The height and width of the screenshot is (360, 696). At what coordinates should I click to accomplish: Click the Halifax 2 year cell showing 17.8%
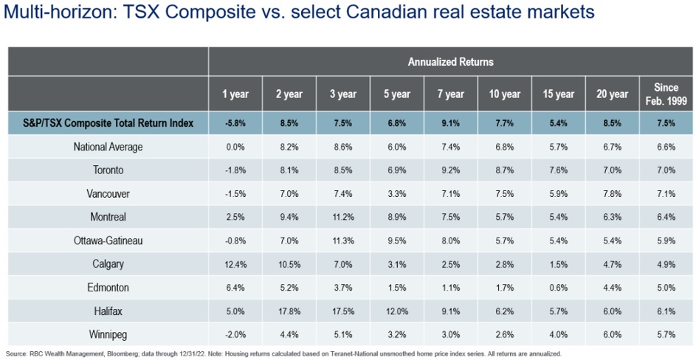click(x=289, y=311)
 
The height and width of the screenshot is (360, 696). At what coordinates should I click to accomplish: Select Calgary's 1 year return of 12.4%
click(x=235, y=264)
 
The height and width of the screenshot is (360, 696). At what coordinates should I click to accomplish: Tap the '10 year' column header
click(x=504, y=94)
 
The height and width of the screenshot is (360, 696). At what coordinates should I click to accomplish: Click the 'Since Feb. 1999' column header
click(x=666, y=94)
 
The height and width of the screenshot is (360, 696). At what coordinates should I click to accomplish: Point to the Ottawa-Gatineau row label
click(x=108, y=240)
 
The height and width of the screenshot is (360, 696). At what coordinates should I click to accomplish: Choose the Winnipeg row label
click(x=108, y=335)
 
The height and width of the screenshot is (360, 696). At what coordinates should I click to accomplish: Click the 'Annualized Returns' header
click(x=450, y=62)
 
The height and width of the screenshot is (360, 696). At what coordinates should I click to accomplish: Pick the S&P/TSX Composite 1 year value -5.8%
click(x=235, y=123)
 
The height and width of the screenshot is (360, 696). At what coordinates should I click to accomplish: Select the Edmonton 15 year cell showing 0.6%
click(x=558, y=288)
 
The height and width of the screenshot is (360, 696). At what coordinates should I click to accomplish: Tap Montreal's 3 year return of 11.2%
click(x=343, y=217)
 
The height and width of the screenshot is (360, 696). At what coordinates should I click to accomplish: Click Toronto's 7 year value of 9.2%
click(x=450, y=170)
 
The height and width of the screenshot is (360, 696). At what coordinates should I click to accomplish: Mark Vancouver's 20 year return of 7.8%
click(x=612, y=193)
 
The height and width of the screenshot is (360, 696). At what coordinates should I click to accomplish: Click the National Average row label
click(x=108, y=147)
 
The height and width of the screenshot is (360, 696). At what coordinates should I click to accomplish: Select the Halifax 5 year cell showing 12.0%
click(x=397, y=311)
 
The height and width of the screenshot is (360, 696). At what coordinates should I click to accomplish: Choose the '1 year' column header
click(x=235, y=94)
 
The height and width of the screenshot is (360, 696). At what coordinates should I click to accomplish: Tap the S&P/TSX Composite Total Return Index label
click(x=108, y=123)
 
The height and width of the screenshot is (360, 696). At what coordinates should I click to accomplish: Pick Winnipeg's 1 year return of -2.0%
click(x=235, y=335)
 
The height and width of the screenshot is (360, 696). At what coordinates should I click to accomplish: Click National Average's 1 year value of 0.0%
click(x=235, y=147)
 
